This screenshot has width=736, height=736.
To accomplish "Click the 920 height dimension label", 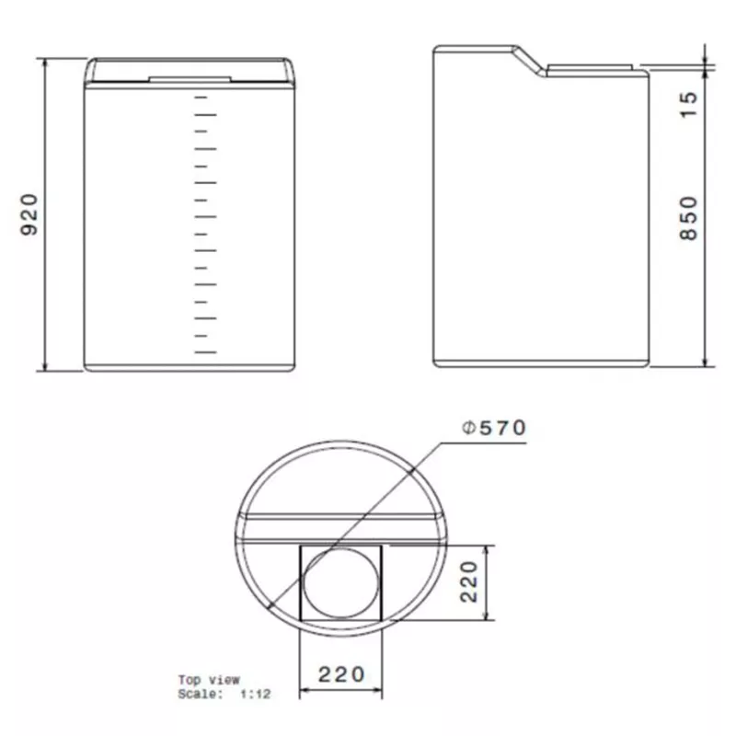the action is click(x=29, y=214).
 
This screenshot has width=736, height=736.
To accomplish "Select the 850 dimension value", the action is click(x=688, y=218).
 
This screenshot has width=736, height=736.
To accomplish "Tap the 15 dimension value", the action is click(x=688, y=105).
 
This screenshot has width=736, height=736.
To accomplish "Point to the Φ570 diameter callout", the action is click(x=494, y=428).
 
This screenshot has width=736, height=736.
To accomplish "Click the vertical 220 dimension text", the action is click(x=468, y=581).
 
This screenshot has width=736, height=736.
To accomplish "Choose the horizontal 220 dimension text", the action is click(x=341, y=674).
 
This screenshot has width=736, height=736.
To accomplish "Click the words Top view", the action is click(x=209, y=679).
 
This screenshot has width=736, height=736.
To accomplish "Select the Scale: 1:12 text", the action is click(x=224, y=694).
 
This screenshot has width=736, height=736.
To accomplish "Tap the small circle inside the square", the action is click(x=340, y=582).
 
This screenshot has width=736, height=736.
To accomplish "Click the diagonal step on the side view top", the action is click(x=531, y=61).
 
